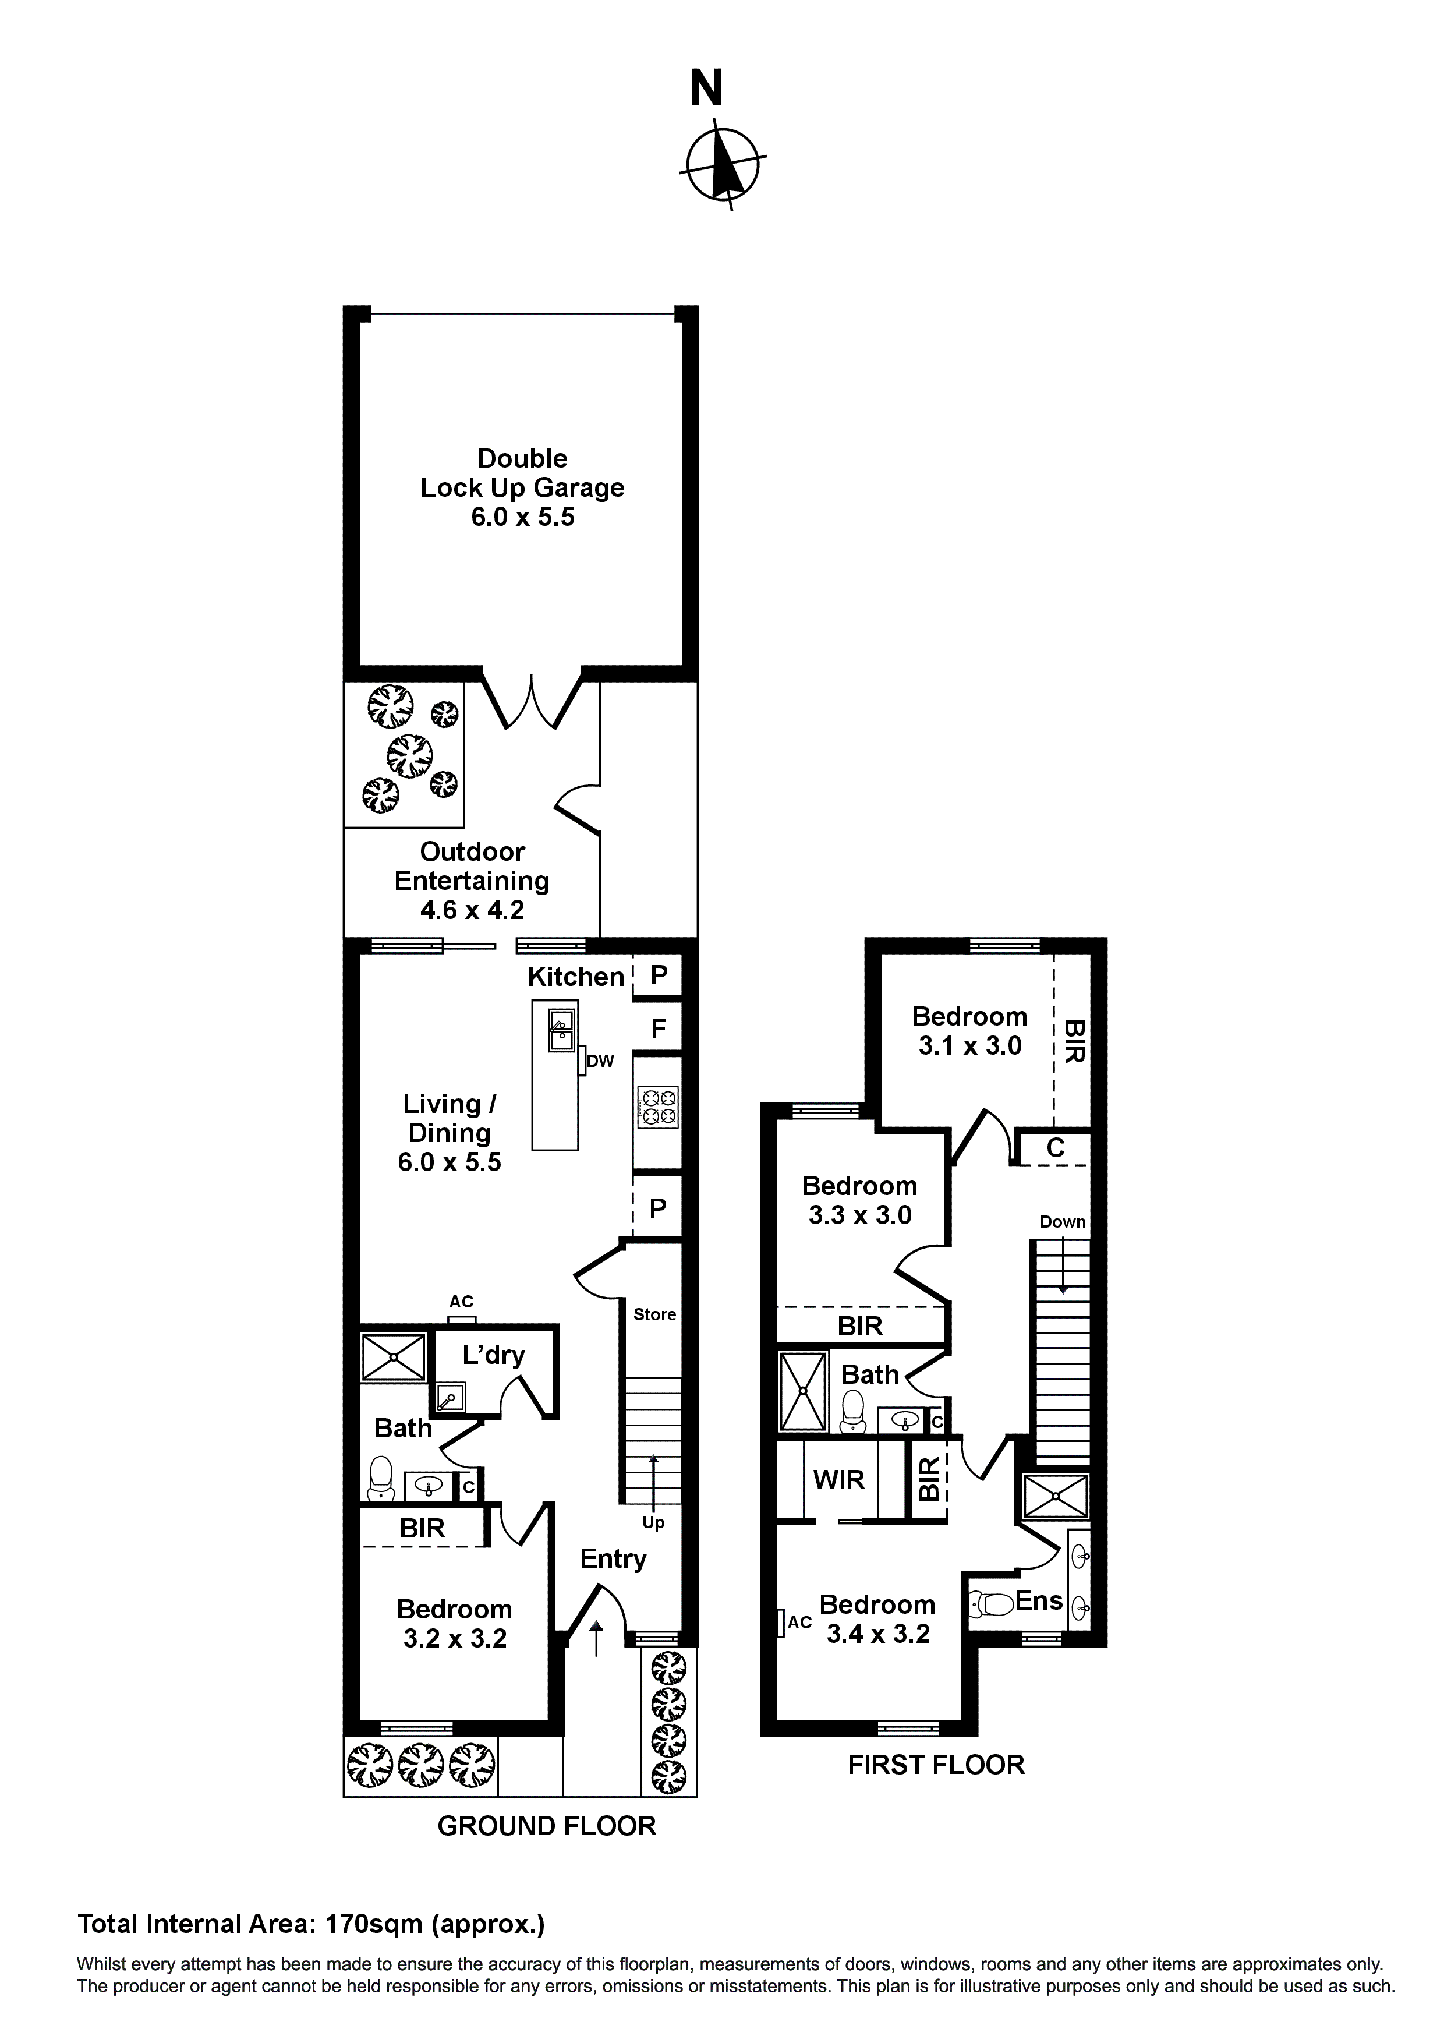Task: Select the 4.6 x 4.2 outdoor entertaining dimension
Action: [x=472, y=909]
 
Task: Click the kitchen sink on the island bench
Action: [x=561, y=1030]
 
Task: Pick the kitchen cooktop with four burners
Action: [x=657, y=1107]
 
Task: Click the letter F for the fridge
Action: [x=659, y=1028]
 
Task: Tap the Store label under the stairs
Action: [x=655, y=1314]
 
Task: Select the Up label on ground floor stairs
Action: [x=653, y=1522]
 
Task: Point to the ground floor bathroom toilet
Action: [x=381, y=1476]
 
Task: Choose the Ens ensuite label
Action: [x=1038, y=1601]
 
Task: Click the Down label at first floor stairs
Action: [x=1062, y=1222]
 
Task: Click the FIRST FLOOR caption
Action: [x=936, y=1765]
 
